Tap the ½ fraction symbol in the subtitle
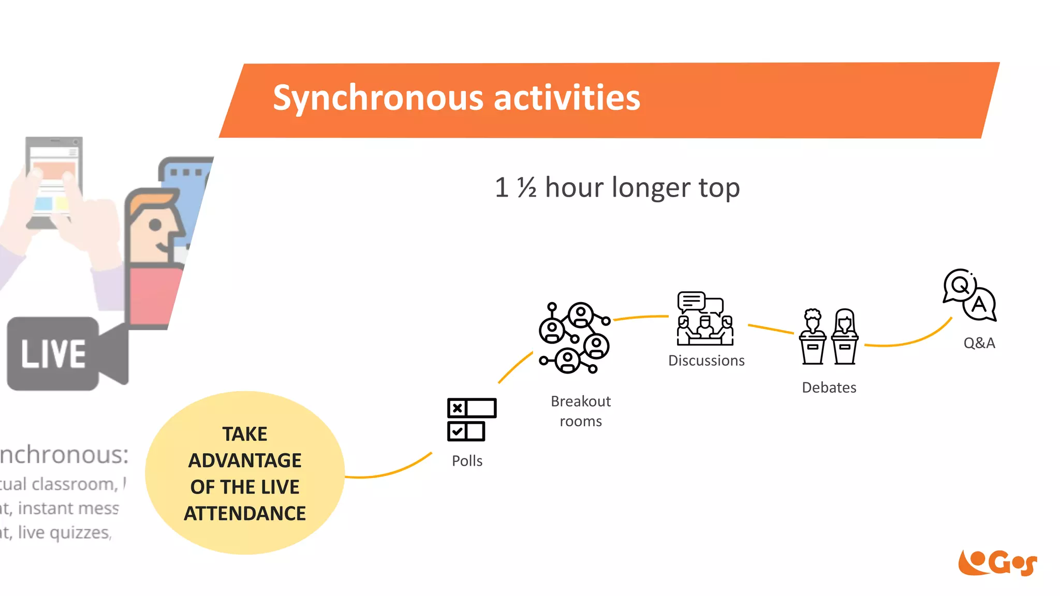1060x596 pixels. coord(526,187)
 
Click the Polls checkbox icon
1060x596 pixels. coord(471,420)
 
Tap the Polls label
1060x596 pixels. coord(467,460)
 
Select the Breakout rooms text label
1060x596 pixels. coord(581,411)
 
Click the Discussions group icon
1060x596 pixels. coord(705,319)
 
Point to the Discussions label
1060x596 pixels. coord(706,361)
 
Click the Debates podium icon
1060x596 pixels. coord(829,337)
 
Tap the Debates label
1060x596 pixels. coord(829,388)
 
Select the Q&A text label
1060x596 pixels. coord(979,343)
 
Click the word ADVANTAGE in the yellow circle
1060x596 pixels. coord(245,460)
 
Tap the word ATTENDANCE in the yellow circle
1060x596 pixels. coord(245,513)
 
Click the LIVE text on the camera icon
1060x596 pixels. coord(53,354)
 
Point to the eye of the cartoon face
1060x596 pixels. coord(155,225)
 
